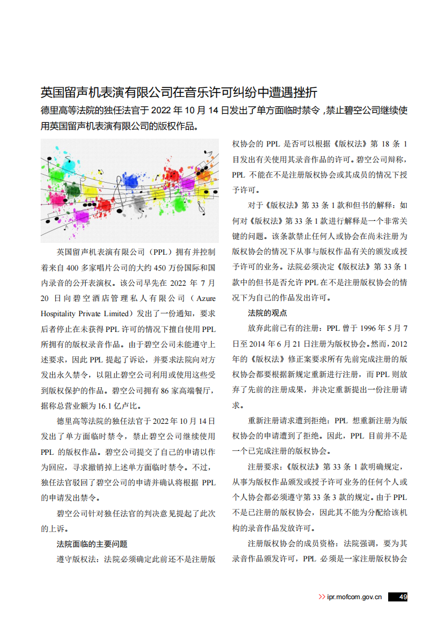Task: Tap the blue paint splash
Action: coord(131,181)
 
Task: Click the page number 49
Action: coord(402,597)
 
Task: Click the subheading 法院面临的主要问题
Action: coord(92,544)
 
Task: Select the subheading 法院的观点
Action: coord(267,313)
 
